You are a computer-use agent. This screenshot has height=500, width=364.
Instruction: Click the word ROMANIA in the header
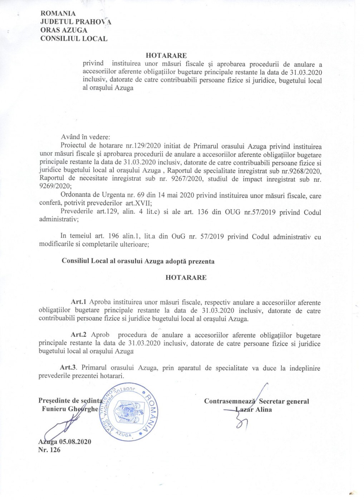tap(58, 14)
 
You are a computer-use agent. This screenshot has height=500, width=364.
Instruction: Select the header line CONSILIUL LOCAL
tap(74, 39)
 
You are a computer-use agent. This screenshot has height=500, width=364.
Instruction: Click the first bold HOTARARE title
tap(166, 56)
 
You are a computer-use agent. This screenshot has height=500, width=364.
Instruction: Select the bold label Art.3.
tap(69, 368)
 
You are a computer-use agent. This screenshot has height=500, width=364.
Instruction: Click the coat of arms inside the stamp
tap(124, 411)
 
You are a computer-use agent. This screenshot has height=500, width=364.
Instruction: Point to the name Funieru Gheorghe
tap(69, 409)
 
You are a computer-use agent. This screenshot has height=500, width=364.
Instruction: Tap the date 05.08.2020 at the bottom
tap(72, 442)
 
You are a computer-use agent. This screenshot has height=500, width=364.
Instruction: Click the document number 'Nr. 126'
tap(49, 450)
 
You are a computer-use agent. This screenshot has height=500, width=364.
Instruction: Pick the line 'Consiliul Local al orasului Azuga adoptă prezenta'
tap(138, 261)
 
